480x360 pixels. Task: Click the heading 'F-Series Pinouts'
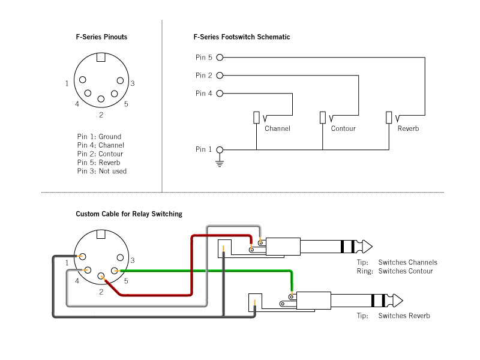click(x=101, y=37)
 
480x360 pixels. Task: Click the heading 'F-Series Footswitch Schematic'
click(x=241, y=37)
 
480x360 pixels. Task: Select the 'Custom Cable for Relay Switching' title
click(x=129, y=214)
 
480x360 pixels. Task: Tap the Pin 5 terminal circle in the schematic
click(x=220, y=58)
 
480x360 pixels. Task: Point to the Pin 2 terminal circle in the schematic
click(x=220, y=76)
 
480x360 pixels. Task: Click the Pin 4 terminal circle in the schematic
click(x=220, y=94)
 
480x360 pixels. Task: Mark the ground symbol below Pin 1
click(x=220, y=162)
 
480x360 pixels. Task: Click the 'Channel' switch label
click(x=277, y=129)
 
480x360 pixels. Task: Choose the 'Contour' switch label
click(x=343, y=129)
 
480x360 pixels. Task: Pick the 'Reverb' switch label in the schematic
click(x=408, y=129)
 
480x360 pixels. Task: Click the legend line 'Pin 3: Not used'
click(x=102, y=171)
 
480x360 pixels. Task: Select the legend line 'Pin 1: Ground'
click(x=99, y=137)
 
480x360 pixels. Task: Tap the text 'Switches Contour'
click(x=405, y=271)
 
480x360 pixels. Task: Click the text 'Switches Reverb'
click(x=404, y=316)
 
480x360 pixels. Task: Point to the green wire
click(x=210, y=271)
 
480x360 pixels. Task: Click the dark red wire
click(x=191, y=270)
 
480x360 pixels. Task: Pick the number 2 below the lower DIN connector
click(x=101, y=292)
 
